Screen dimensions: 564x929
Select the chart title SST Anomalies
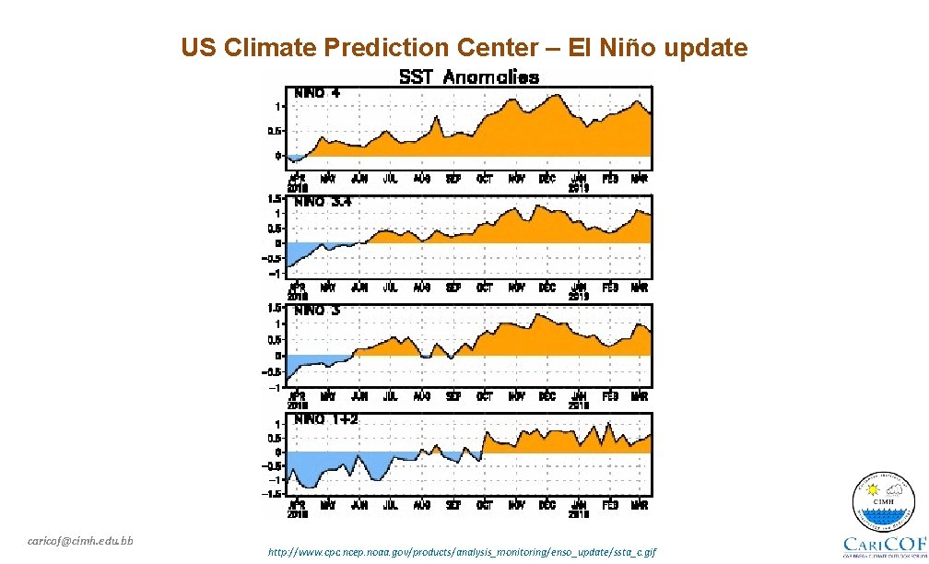468,77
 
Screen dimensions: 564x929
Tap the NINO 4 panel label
317,92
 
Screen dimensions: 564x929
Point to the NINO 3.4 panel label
323,201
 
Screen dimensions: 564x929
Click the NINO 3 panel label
317,311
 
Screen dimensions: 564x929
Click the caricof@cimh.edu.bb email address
80,540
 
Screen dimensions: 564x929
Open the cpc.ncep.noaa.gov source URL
462,551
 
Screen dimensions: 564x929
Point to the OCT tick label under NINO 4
485,178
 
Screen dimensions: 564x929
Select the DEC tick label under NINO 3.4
547,287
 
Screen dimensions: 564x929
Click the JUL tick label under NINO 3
390,396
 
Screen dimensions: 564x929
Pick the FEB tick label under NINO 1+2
609,505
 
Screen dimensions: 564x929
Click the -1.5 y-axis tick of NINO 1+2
274,494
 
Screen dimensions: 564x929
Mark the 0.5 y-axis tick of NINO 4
274,131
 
